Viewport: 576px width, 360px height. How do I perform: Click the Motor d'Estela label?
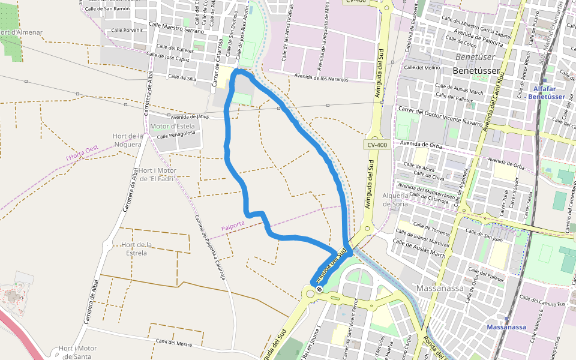tap(172, 127)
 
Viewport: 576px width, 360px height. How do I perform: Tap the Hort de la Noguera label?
tap(127, 140)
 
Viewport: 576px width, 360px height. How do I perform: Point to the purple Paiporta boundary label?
tap(233, 226)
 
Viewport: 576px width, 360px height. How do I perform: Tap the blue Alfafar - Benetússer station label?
tap(544, 92)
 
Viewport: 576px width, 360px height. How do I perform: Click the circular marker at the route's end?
tap(319, 289)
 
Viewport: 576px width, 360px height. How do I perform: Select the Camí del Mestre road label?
tap(174, 343)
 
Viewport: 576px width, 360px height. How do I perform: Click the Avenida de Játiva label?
tap(190, 116)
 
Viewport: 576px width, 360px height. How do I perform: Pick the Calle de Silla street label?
tap(182, 77)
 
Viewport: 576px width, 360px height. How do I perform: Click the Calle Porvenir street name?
tap(125, 29)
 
